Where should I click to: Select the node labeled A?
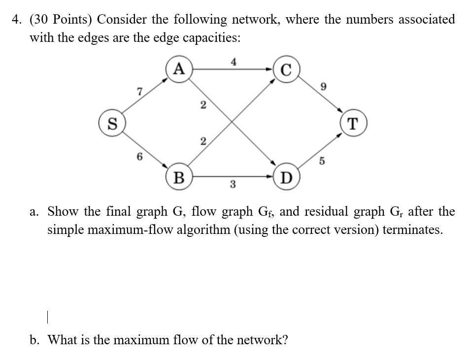[x=179, y=69]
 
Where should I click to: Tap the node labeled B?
[x=179, y=176]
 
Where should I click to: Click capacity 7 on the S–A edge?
[x=139, y=90]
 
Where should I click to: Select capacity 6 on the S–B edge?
[x=139, y=157]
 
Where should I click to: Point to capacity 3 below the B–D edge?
[x=232, y=185]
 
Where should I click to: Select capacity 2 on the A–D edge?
[x=202, y=104]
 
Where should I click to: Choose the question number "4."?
[x=17, y=20]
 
